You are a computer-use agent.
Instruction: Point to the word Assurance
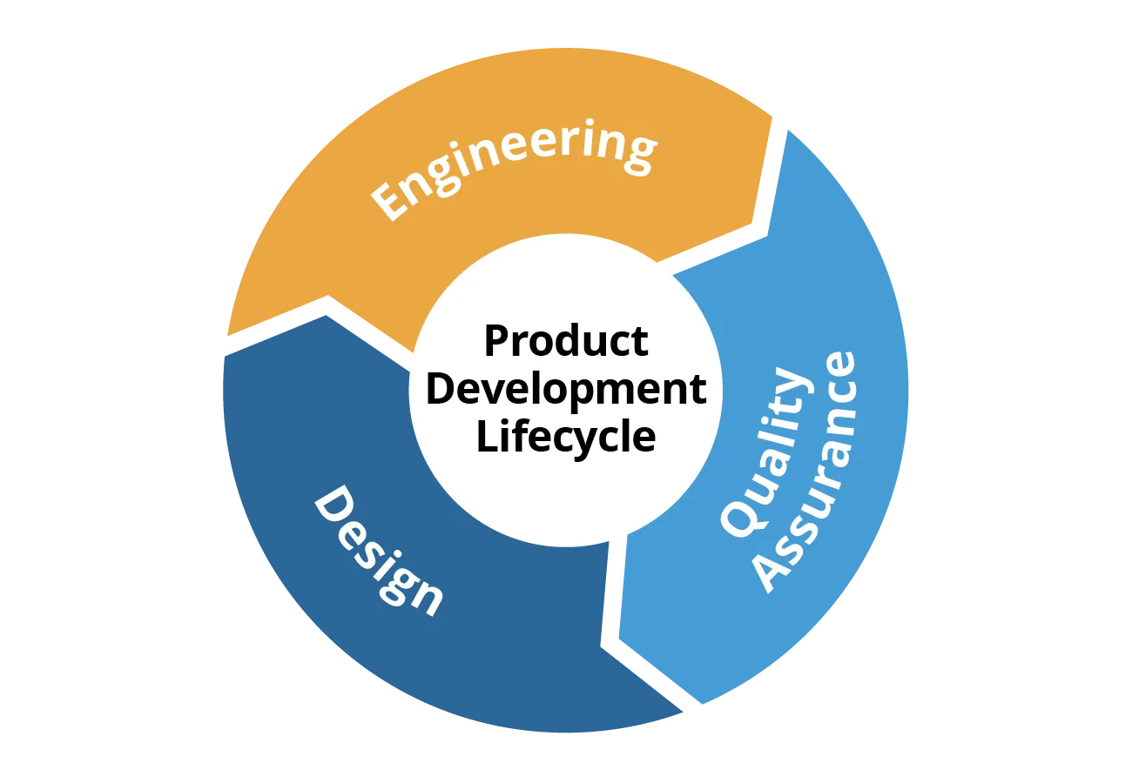(807, 472)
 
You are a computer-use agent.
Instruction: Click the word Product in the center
(566, 341)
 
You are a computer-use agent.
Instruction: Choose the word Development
(566, 389)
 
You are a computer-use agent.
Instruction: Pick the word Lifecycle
(566, 438)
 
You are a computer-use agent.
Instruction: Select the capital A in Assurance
(776, 572)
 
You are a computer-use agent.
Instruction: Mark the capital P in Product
(497, 341)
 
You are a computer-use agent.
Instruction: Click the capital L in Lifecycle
(487, 436)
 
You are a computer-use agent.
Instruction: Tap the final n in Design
(425, 599)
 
